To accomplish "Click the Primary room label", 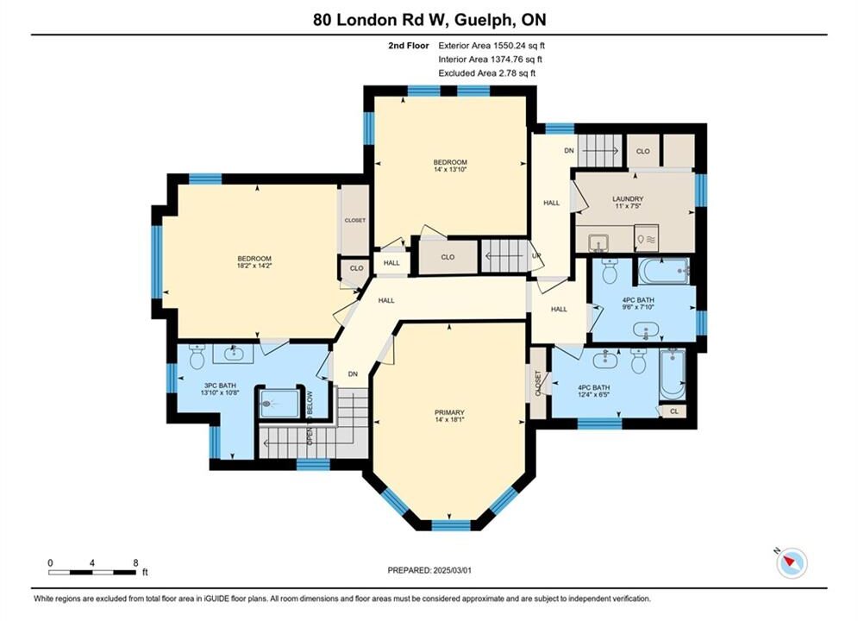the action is [449, 412].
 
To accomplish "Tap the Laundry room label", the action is [628, 199].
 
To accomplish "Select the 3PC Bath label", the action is [220, 386].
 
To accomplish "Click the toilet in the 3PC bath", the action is [197, 356].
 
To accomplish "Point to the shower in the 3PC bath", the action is [279, 404].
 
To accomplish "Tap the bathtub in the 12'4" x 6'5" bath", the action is [672, 374].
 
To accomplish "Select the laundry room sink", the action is [598, 241].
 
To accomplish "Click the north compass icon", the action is [792, 562].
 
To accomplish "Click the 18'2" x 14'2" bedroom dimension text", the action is [254, 266].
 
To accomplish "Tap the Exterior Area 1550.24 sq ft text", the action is [492, 46].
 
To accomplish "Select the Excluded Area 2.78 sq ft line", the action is [487, 73].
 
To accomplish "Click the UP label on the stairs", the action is [537, 256].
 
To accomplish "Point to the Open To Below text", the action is [310, 417].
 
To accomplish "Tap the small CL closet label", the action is [674, 411].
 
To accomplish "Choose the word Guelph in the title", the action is [483, 20].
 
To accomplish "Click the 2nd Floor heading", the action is [409, 46].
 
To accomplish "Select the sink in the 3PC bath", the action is [233, 354].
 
